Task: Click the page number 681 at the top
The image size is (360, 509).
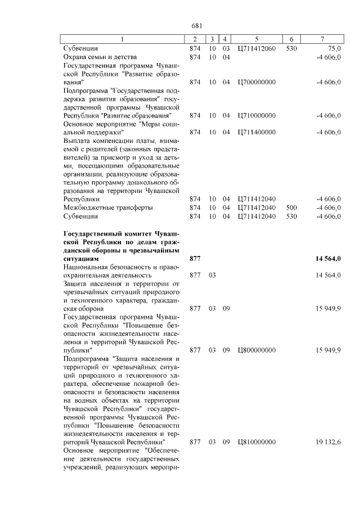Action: coord(196,25)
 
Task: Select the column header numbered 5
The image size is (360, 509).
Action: coord(256,39)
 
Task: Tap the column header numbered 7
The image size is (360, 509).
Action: coord(322,39)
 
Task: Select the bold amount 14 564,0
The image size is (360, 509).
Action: coord(326,258)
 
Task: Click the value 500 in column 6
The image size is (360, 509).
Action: coord(291,207)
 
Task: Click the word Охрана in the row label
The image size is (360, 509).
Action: coord(76,57)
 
